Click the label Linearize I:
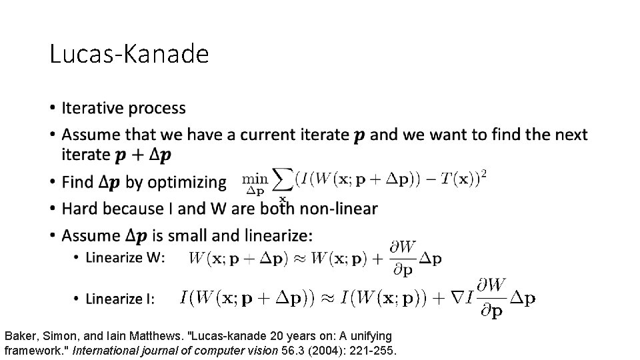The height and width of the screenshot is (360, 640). (x=120, y=299)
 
